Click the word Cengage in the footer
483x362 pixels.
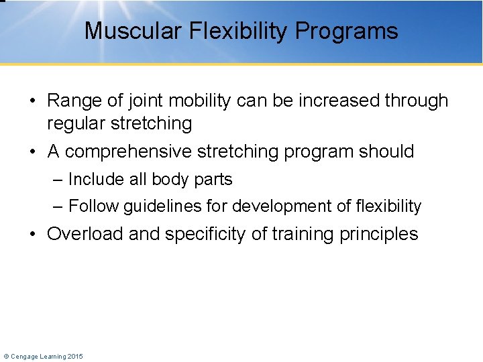pyautogui.click(x=25, y=357)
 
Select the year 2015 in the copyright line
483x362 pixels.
pyautogui.click(x=74, y=357)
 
